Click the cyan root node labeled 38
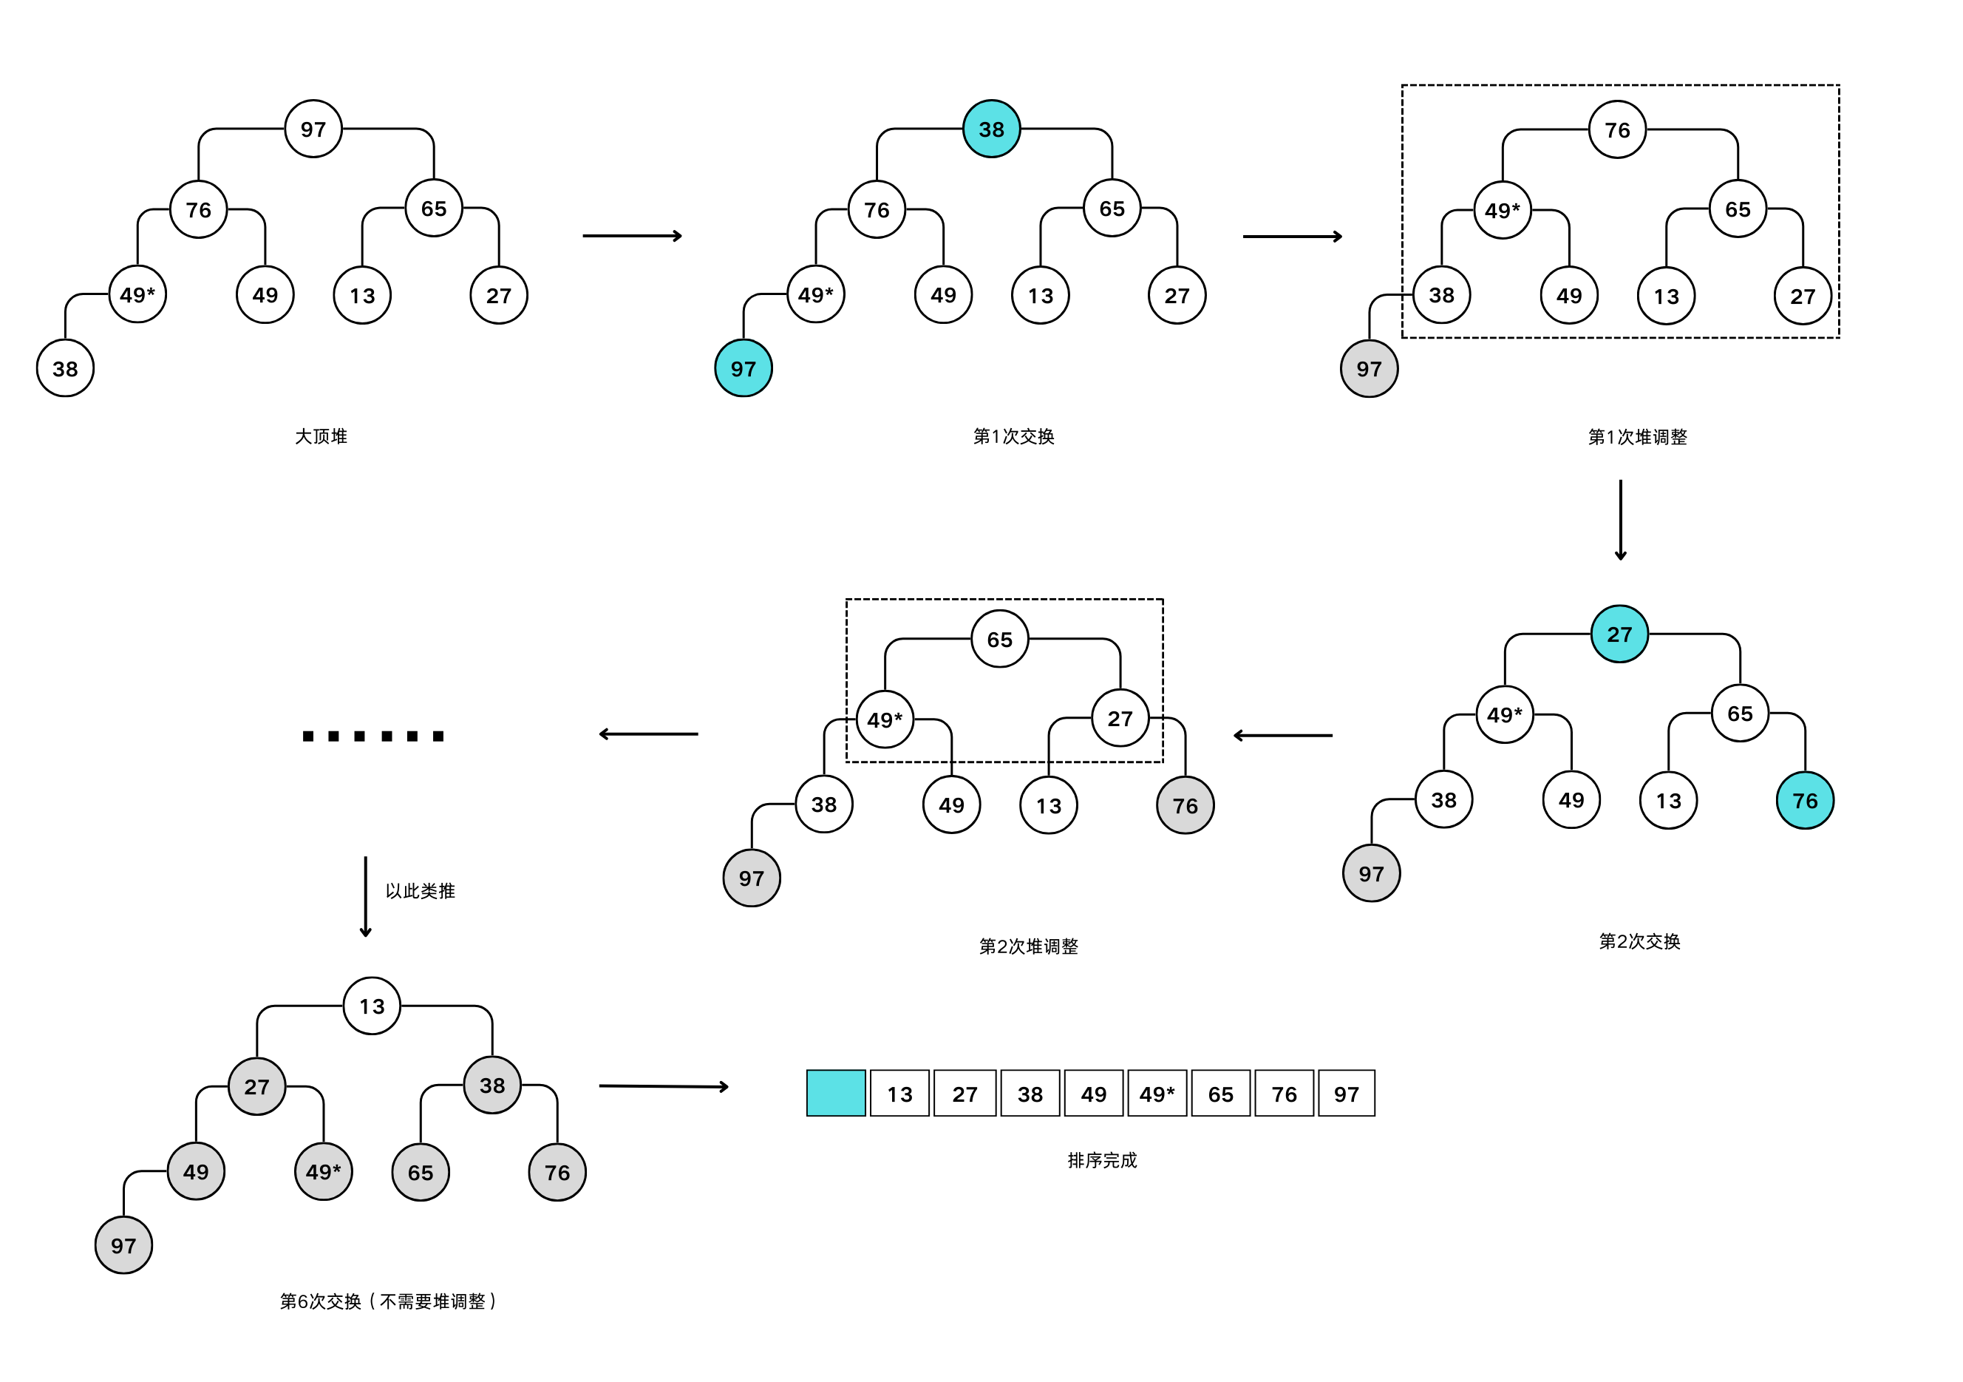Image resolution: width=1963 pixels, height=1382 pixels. pyautogui.click(x=991, y=129)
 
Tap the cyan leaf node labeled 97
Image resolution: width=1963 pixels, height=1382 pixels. pyautogui.click(x=743, y=368)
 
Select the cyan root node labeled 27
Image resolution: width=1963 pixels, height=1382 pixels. pyautogui.click(x=1619, y=634)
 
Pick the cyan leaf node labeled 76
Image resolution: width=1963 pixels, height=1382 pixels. pyautogui.click(x=1805, y=801)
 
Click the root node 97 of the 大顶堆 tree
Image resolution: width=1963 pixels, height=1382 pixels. pyautogui.click(x=313, y=129)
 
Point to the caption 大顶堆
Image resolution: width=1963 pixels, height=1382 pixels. pyautogui.click(x=321, y=436)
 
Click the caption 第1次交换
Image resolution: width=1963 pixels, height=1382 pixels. pyautogui.click(x=1013, y=436)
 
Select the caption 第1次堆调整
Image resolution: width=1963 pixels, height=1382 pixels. pyautogui.click(x=1637, y=437)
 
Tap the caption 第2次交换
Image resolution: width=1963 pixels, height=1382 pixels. pyautogui.click(x=1639, y=941)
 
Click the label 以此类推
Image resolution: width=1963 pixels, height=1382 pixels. pyautogui.click(x=420, y=891)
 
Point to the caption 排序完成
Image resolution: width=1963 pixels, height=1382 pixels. pyautogui.click(x=1102, y=1160)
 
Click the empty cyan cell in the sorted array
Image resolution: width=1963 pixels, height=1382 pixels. pyautogui.click(x=835, y=1093)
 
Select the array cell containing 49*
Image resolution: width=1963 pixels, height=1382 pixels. pyautogui.click(x=1157, y=1094)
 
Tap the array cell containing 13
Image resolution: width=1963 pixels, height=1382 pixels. pyautogui.click(x=899, y=1094)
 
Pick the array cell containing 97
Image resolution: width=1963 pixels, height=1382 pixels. pyautogui.click(x=1346, y=1094)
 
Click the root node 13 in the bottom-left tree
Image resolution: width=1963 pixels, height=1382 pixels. pyautogui.click(x=372, y=1006)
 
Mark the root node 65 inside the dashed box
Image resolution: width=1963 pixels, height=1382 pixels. pyautogui.click(x=999, y=639)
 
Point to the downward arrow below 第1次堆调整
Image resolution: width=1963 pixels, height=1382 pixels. pyautogui.click(x=1620, y=520)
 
